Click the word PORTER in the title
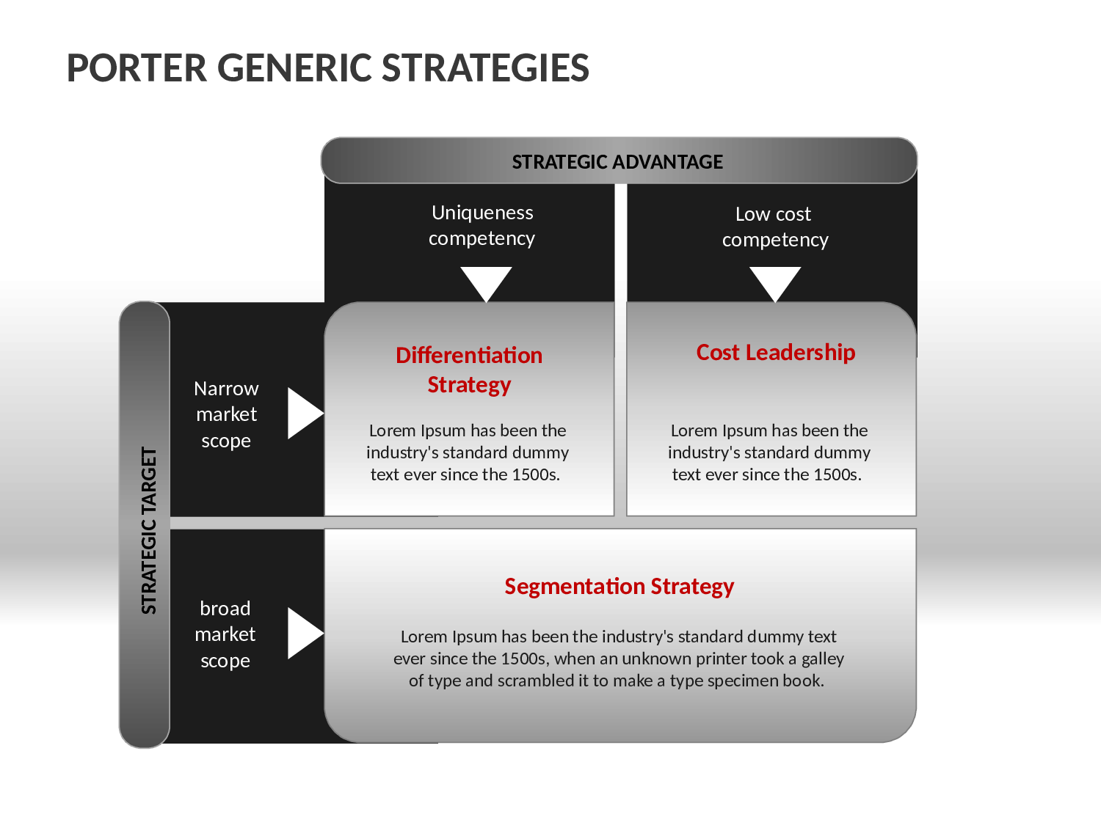coord(137,68)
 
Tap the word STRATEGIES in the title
coord(485,68)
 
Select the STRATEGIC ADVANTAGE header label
coord(617,162)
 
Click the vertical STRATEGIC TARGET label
coord(149,530)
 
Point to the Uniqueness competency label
coord(482,226)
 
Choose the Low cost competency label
coord(775,227)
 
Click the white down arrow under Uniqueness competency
coord(486,284)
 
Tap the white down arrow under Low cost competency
coord(775,284)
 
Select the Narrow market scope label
coord(226,414)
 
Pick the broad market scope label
coord(225,634)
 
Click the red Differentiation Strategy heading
coord(469,370)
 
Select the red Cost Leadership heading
coord(775,353)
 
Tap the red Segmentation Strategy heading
coord(619,587)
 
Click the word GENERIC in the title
coord(294,68)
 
